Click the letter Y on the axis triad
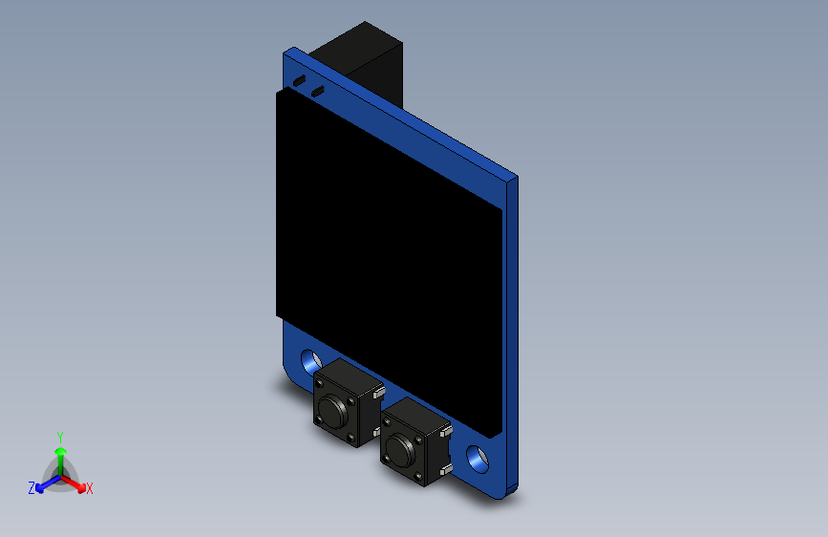click(59, 435)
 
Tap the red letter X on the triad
click(90, 489)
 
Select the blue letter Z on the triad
click(32, 488)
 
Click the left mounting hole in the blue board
click(309, 361)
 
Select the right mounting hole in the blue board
click(476, 459)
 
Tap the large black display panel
click(387, 258)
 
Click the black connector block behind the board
click(368, 57)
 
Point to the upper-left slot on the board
click(299, 81)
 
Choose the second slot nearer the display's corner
click(318, 92)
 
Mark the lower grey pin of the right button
click(446, 471)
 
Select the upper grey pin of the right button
click(446, 431)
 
